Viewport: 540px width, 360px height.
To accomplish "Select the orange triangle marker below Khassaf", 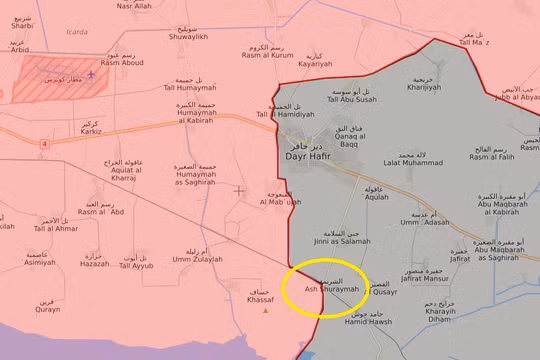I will (x=265, y=310).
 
